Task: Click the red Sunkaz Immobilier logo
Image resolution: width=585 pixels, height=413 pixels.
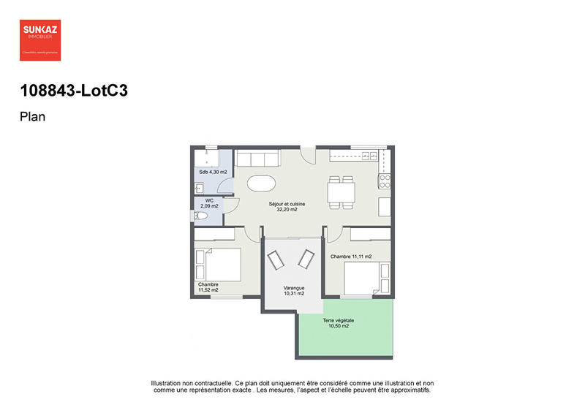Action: (40, 39)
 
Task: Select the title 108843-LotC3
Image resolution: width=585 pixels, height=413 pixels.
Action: (68, 91)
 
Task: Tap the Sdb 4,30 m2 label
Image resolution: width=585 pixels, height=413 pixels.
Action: (213, 172)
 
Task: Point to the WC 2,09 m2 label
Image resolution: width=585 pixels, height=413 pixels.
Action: (209, 203)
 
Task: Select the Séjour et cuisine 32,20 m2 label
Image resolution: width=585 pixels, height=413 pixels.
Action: (287, 207)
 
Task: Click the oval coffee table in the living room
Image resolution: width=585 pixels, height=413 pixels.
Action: (261, 183)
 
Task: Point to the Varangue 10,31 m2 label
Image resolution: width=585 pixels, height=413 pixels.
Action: (294, 291)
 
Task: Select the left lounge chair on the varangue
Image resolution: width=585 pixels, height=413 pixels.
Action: (278, 261)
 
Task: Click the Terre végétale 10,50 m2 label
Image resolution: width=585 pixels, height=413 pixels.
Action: (339, 323)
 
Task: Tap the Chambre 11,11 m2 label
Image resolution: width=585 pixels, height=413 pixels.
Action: (351, 257)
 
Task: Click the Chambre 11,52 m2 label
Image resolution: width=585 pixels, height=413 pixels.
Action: (208, 287)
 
